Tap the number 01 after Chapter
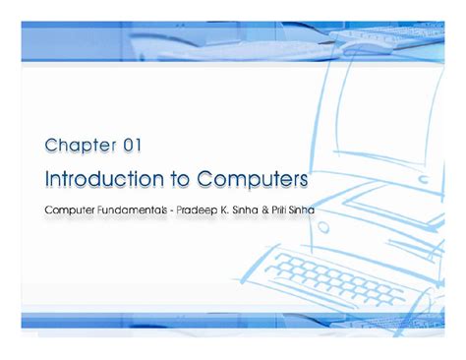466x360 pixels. [x=132, y=147]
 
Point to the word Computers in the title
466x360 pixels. [x=253, y=180]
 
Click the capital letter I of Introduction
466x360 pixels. [x=49, y=180]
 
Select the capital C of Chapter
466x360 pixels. [x=51, y=147]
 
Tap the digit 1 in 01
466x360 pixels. [x=139, y=147]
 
